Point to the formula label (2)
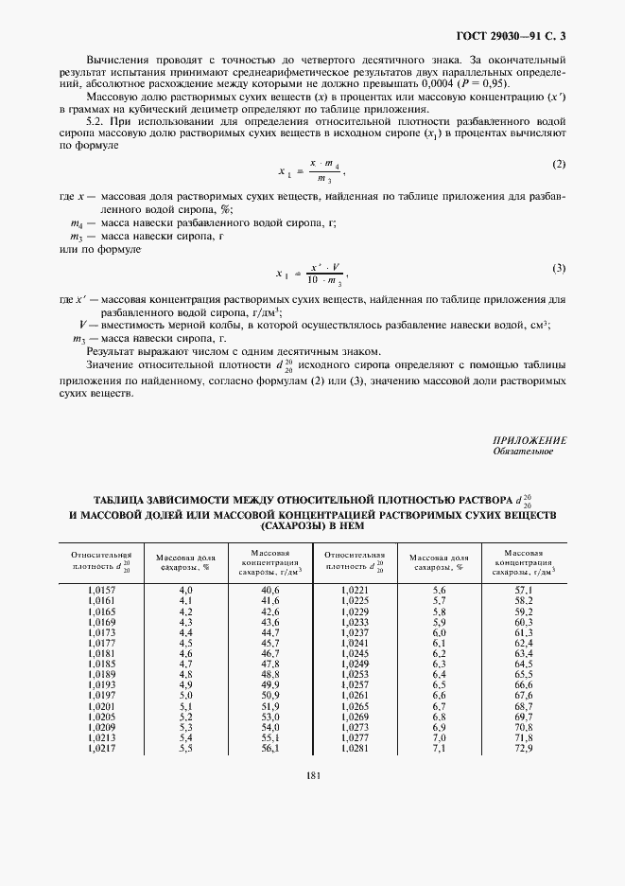(x=559, y=164)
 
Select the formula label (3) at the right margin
(x=559, y=268)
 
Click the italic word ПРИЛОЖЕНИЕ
(x=530, y=440)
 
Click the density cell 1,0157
(x=99, y=590)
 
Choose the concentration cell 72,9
(x=524, y=749)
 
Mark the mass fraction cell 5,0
(x=185, y=696)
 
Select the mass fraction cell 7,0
(x=438, y=737)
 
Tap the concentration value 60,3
(x=524, y=622)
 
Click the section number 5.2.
(x=97, y=121)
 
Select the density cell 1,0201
(x=99, y=706)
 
